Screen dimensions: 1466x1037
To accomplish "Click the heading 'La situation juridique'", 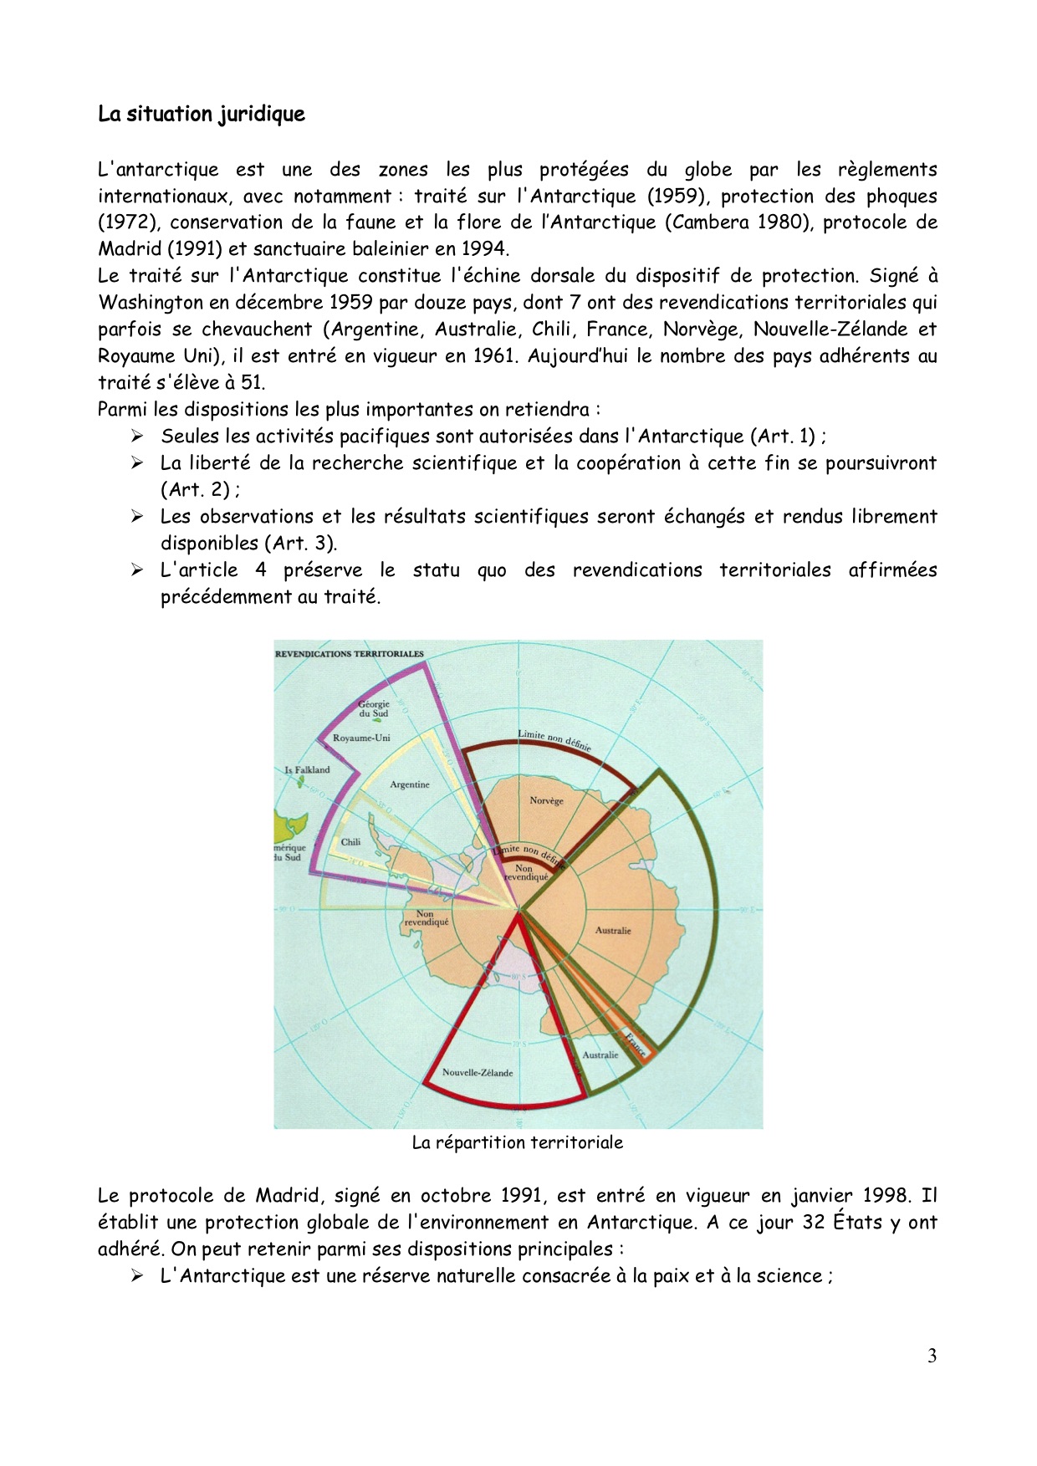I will [201, 114].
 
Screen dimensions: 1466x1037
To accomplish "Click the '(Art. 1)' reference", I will [782, 437].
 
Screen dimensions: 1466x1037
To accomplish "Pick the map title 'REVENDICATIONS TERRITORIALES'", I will [350, 654].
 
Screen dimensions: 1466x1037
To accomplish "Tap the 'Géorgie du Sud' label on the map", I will [374, 709].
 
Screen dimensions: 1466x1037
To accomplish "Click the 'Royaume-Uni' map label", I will [361, 738].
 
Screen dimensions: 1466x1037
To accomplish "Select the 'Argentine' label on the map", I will [410, 784].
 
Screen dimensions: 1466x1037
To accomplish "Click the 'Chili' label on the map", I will [350, 842].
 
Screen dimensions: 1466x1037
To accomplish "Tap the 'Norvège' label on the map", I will [546, 801].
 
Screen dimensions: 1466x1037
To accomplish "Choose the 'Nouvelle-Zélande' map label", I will [478, 1073].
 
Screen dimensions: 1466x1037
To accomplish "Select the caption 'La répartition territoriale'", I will [517, 1143].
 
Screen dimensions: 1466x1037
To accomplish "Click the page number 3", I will [932, 1356].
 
